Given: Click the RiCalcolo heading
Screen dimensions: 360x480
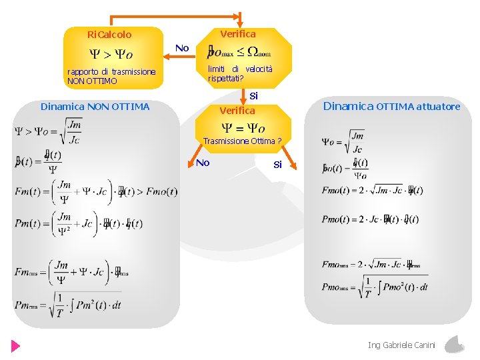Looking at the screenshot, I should click(x=109, y=35).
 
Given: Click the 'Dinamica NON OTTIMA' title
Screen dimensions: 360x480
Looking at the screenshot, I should click(x=95, y=107).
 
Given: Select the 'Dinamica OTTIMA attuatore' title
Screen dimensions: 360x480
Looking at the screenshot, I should click(x=391, y=106).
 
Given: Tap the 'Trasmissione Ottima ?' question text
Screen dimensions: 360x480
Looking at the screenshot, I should click(x=242, y=141).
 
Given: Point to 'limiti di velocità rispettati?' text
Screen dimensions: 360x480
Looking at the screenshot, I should click(x=239, y=74).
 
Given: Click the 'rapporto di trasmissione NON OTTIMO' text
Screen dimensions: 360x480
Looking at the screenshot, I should click(x=111, y=76).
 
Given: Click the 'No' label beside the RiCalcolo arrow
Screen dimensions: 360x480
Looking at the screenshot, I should click(x=182, y=48).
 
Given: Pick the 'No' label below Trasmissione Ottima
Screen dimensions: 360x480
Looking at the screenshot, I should click(x=203, y=163).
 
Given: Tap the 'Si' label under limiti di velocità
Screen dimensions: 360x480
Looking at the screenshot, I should click(x=253, y=96).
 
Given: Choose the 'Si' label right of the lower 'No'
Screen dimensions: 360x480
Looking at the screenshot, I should click(x=277, y=165).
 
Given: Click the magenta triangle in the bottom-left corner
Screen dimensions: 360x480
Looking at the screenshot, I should click(x=15, y=346).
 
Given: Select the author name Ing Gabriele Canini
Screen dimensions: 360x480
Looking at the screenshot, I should click(x=401, y=345).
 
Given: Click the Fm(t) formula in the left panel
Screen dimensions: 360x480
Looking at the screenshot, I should click(x=96, y=192).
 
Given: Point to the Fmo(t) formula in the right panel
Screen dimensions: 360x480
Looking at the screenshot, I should click(x=371, y=191).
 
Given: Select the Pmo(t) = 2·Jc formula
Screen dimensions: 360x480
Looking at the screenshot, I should click(x=370, y=219).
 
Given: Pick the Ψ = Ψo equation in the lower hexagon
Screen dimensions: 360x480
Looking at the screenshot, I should click(x=243, y=127).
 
